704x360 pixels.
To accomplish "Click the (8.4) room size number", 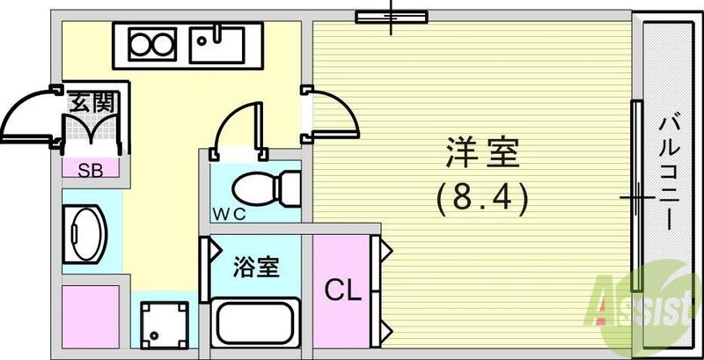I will [x=482, y=200].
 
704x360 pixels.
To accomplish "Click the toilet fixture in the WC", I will [x=264, y=187].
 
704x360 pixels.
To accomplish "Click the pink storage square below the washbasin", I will [x=90, y=313].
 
